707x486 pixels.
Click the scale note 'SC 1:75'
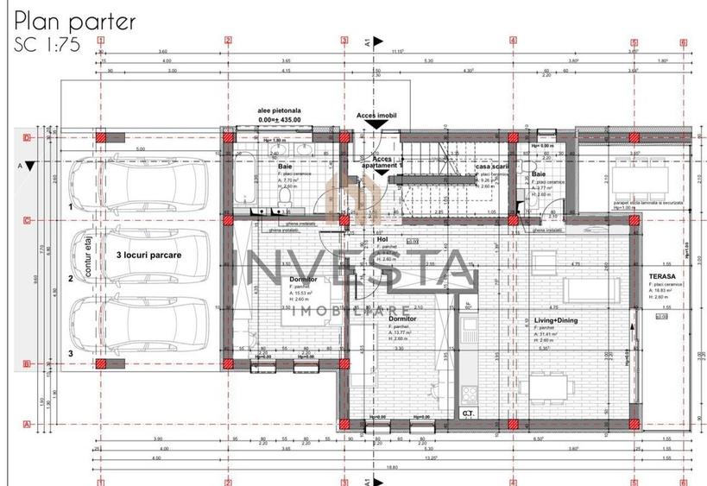point(47,47)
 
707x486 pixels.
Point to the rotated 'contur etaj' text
point(89,258)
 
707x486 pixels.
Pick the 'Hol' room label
point(382,240)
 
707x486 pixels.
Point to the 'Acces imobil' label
point(376,115)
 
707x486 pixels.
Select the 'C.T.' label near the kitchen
point(468,413)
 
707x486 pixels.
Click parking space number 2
point(71,279)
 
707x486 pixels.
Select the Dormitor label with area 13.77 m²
point(402,319)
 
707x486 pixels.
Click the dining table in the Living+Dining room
point(548,382)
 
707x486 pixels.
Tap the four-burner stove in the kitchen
point(469,393)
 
